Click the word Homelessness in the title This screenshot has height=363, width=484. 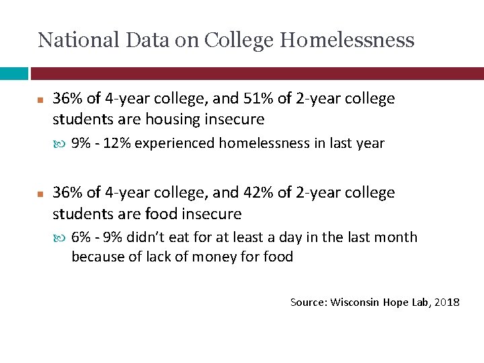347,40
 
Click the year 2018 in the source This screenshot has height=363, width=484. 447,302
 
